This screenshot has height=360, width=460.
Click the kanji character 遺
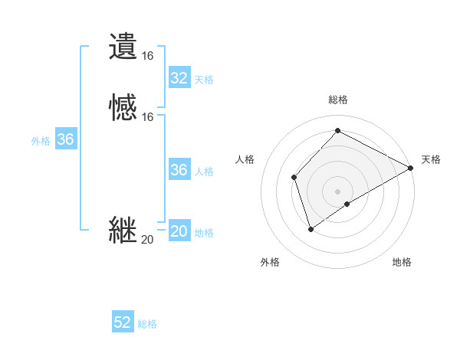tap(123, 46)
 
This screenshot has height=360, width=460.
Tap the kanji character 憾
tap(123, 107)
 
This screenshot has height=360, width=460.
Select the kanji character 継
tap(123, 230)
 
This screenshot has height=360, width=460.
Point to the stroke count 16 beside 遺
tap(148, 55)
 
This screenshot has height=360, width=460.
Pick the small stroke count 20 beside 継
tap(148, 240)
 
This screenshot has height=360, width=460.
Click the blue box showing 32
tap(179, 78)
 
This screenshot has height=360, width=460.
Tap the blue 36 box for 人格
tap(179, 170)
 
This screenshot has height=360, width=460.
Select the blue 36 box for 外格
tap(66, 139)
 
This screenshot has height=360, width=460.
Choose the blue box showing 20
tap(179, 231)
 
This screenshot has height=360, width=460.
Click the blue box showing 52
tap(123, 322)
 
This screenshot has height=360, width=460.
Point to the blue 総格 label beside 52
tap(147, 324)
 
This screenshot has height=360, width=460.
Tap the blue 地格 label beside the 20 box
tap(204, 233)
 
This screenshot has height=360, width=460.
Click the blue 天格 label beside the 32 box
tap(204, 80)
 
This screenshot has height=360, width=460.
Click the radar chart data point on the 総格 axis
tap(337, 131)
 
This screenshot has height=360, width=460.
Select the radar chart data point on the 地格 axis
tap(347, 204)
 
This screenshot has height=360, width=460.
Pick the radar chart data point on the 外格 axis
tap(310, 228)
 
